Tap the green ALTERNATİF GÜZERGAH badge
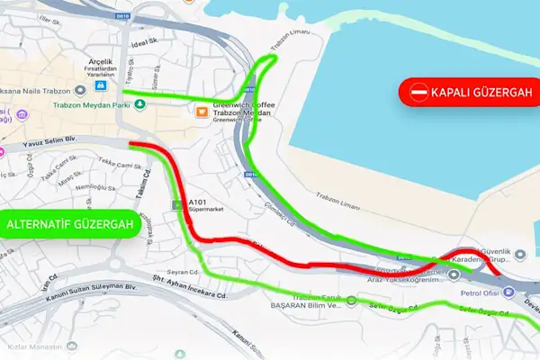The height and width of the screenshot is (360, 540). pyautogui.click(x=69, y=223)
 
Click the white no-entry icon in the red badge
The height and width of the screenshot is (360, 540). pyautogui.click(x=419, y=92)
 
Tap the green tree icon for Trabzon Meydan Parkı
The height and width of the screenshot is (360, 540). pyautogui.click(x=139, y=104)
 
